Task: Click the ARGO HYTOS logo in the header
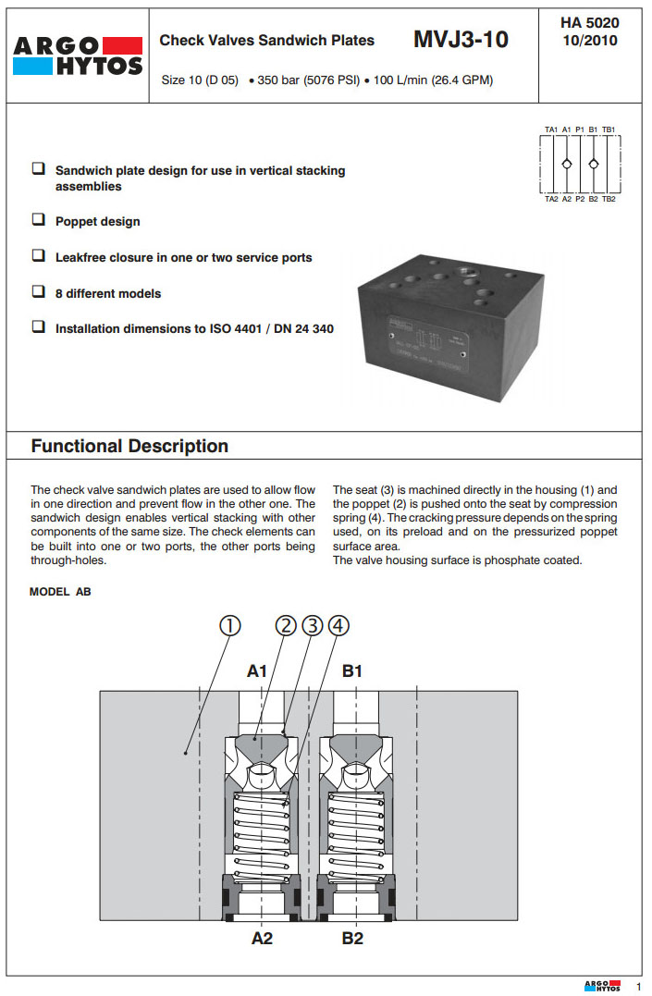click(79, 55)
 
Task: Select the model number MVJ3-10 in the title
click(461, 40)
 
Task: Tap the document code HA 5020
click(589, 22)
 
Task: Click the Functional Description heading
click(129, 446)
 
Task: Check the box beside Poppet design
click(39, 221)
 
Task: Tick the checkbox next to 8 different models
click(39, 292)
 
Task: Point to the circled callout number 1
click(229, 626)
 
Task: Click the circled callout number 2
click(286, 626)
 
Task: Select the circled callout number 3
click(312, 626)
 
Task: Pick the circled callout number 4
click(338, 626)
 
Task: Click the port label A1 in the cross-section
click(257, 671)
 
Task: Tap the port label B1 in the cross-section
click(352, 671)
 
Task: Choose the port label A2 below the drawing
click(263, 939)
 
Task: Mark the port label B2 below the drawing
click(352, 939)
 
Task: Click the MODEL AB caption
click(61, 592)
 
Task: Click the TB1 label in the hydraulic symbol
click(609, 129)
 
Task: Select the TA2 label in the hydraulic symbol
click(551, 199)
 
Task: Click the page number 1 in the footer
click(637, 986)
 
